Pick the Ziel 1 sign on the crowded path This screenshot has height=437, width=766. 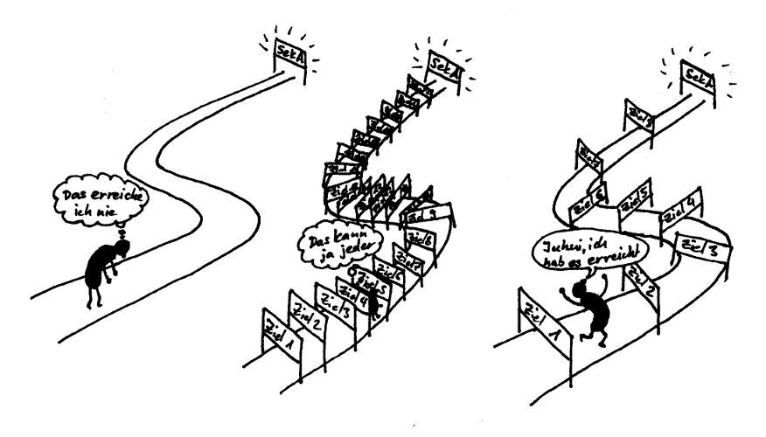(x=279, y=334)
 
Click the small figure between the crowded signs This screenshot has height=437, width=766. (x=373, y=302)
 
